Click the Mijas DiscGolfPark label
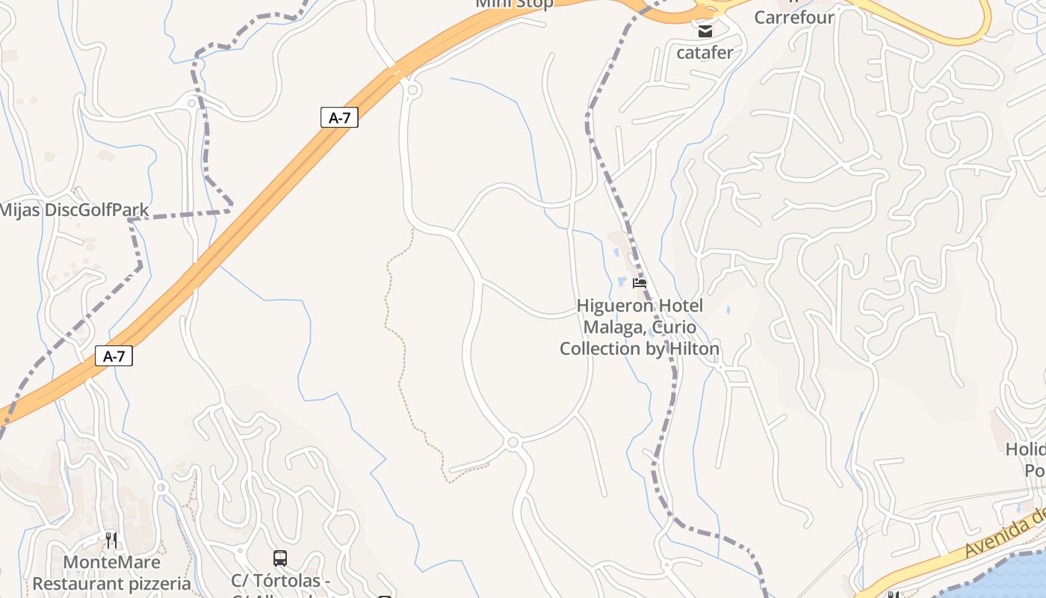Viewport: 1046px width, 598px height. (74, 210)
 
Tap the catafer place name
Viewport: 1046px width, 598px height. (705, 52)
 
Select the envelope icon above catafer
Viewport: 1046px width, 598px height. (705, 31)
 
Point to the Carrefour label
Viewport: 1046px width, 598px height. (793, 17)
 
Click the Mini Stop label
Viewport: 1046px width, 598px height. (515, 4)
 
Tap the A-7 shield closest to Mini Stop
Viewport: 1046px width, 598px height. (339, 117)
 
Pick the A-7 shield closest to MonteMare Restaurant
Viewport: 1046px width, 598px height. (114, 357)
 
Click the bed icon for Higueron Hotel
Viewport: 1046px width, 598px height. (639, 283)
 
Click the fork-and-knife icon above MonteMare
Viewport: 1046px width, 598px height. (111, 540)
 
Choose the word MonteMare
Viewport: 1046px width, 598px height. (112, 562)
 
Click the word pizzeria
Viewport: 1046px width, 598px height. (155, 583)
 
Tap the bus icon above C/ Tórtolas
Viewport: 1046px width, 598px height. (280, 558)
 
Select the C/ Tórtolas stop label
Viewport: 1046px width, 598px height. (280, 581)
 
